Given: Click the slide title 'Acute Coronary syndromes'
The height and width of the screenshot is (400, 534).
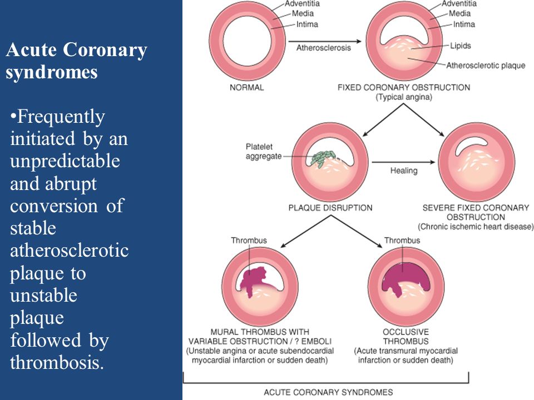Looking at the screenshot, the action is (77, 61).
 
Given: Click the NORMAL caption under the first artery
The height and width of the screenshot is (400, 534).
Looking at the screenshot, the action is (247, 87).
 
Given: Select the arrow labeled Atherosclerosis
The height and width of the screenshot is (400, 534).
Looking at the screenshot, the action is (325, 41).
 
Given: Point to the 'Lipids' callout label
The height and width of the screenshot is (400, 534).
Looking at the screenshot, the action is (461, 46).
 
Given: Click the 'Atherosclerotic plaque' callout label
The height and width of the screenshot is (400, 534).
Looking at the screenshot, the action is (486, 66).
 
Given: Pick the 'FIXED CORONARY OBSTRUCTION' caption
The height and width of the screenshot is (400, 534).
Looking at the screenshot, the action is (404, 87).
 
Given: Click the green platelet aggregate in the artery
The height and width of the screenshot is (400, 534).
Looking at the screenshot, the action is (323, 157).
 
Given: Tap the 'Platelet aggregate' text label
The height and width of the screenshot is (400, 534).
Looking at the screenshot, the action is (264, 151).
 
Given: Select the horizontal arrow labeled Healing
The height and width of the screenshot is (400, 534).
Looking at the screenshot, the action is (404, 162).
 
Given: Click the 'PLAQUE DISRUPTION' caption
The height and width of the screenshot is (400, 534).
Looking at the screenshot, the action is (330, 208).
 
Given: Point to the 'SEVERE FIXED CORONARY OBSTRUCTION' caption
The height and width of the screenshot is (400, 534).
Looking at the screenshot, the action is (476, 212).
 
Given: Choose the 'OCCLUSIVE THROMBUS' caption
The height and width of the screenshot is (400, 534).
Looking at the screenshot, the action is (406, 337).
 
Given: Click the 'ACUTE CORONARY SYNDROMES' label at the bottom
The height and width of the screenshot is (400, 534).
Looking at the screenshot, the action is (328, 392).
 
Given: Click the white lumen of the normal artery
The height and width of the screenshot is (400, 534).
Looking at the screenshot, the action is (247, 42).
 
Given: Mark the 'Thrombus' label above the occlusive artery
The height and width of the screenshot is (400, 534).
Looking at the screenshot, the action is (402, 241).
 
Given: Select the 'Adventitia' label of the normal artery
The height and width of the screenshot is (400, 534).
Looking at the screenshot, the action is (303, 4).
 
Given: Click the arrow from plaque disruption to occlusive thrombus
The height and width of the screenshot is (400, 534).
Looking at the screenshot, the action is (357, 231).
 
